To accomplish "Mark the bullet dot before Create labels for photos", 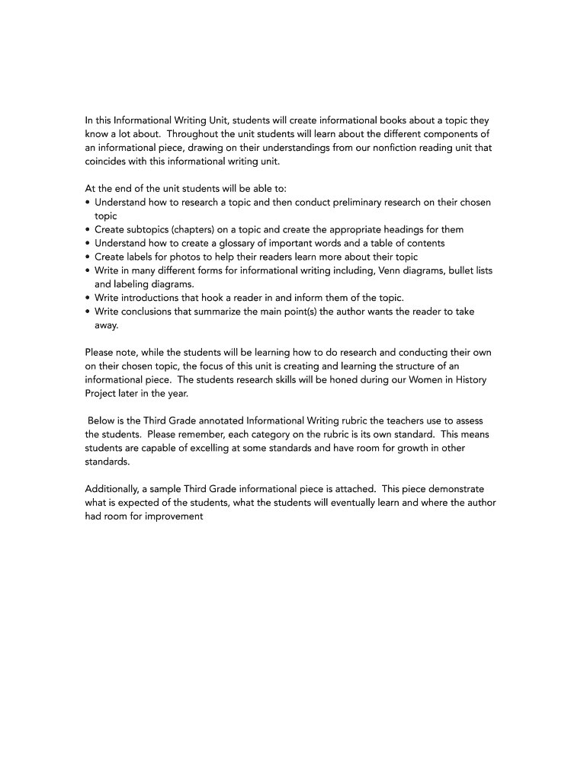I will pyautogui.click(x=88, y=257).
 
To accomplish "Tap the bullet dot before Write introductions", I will pyautogui.click(x=88, y=297).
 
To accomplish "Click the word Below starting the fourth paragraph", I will pyautogui.click(x=103, y=420).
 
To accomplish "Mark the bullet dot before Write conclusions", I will pyautogui.click(x=88, y=311).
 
